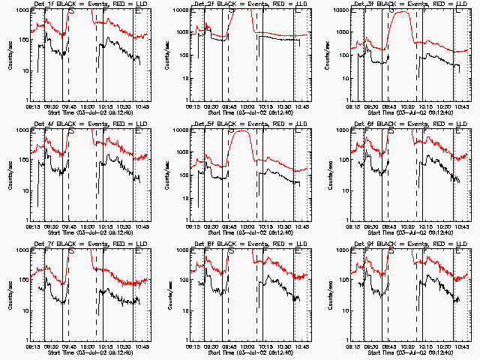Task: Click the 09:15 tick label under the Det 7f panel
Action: coord(31,347)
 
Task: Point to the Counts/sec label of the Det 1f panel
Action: coord(9,54)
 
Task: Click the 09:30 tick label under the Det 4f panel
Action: coord(49,227)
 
